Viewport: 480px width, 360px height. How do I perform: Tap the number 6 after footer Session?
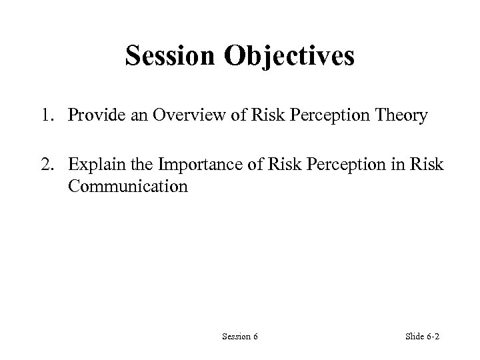pyautogui.click(x=255, y=337)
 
